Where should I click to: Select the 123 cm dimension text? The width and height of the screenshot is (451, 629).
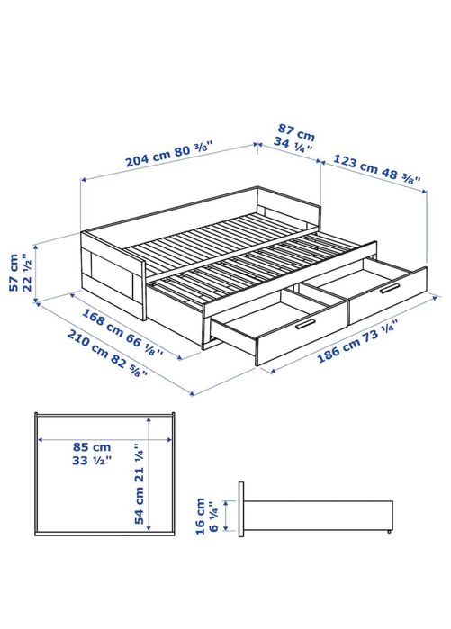pos(354,164)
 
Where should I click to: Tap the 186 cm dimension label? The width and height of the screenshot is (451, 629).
pos(338,352)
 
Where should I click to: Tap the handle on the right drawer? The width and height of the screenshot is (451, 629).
pos(389,288)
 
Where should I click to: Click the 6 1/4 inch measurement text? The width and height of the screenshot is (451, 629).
pos(213,517)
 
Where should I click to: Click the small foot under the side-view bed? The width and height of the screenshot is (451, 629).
pos(389,533)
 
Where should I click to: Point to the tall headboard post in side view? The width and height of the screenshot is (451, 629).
pos(242,510)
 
